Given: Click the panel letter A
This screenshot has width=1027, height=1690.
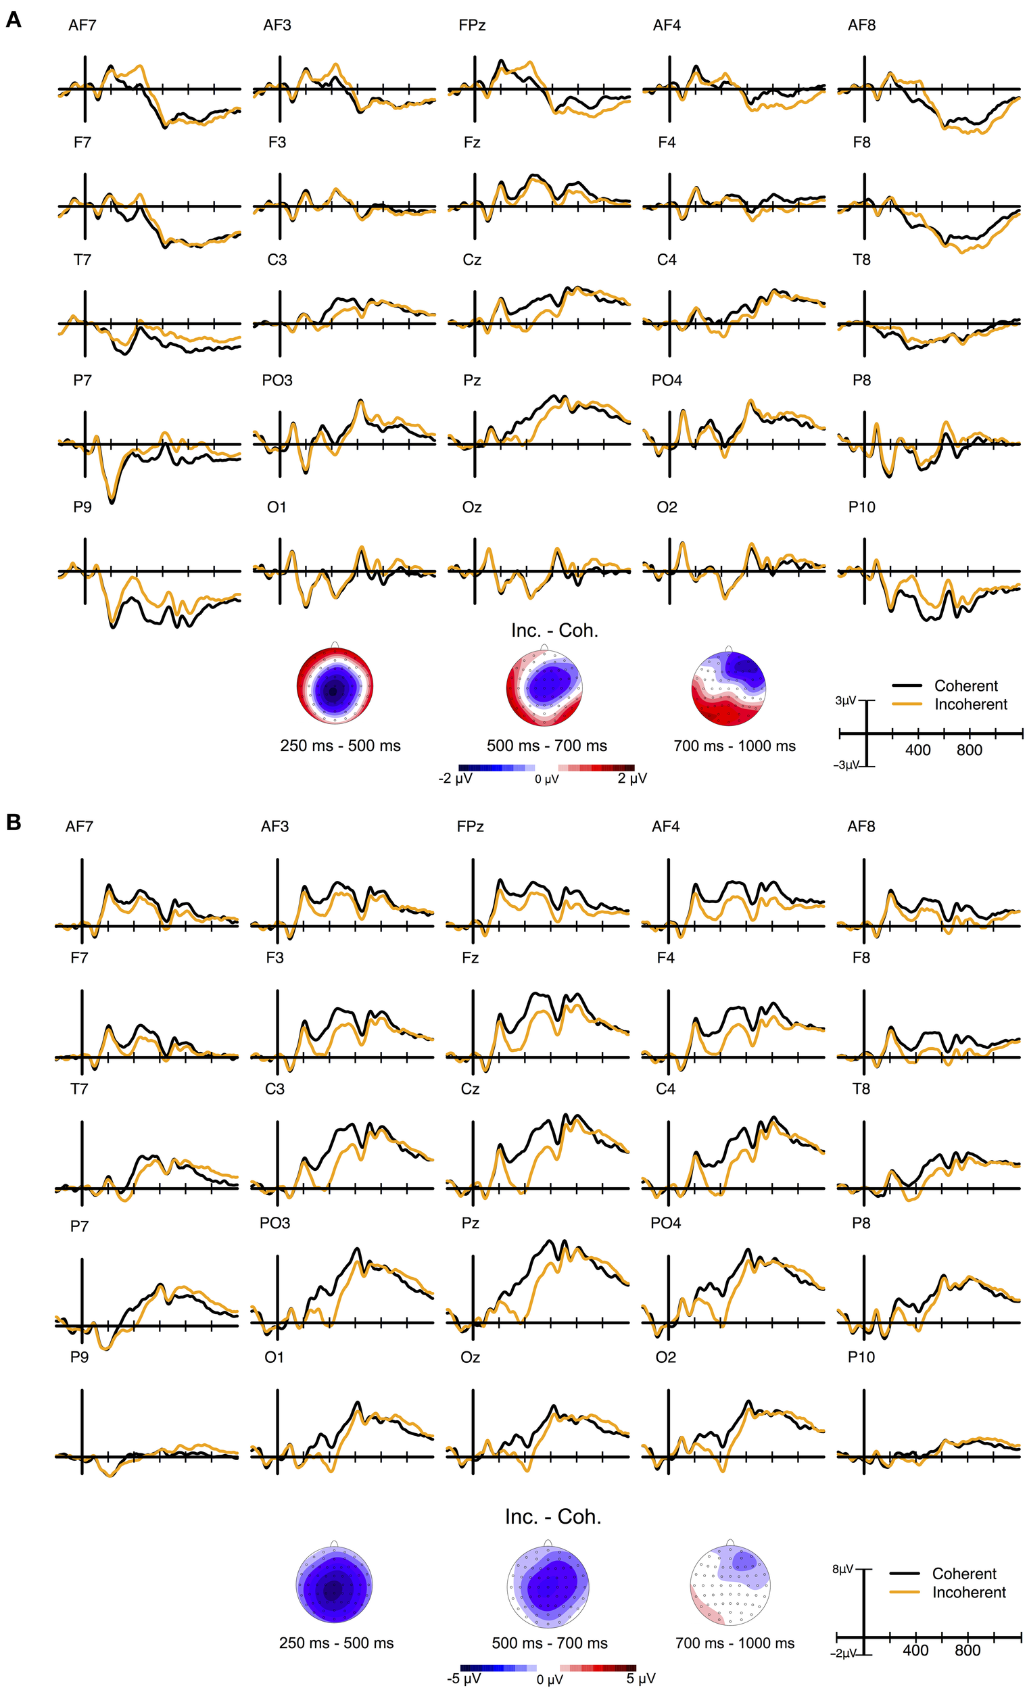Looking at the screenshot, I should (13, 20).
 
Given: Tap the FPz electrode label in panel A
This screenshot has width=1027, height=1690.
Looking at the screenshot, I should (471, 26).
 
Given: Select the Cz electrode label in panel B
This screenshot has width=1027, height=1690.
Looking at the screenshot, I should (470, 1088).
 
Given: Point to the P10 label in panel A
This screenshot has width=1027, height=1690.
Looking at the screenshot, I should (861, 507).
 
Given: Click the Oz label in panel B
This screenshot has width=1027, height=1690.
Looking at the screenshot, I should (470, 1357).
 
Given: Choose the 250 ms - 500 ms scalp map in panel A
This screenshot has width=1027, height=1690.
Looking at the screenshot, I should (334, 686).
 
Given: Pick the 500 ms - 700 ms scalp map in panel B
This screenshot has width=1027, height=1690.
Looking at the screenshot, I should (548, 1586).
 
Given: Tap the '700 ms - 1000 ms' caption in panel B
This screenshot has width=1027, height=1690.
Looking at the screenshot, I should (734, 1643).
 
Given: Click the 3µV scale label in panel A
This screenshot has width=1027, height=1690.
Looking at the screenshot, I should (845, 700).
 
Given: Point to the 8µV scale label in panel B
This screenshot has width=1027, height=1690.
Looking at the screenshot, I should (842, 1568).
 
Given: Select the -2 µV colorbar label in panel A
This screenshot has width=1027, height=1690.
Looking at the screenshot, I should (455, 779).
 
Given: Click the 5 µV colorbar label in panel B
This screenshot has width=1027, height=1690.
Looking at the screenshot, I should (640, 1679).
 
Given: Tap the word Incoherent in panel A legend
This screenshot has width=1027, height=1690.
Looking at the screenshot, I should (970, 704).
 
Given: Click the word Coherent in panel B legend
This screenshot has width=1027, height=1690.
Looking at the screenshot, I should (963, 1574).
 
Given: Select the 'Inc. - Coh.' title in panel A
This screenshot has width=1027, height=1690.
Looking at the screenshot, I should (554, 630).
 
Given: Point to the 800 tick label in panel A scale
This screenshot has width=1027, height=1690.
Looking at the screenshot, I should (969, 750).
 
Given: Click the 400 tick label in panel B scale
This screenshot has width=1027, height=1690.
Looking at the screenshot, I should (915, 1650).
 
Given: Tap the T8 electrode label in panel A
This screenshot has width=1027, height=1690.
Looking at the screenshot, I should (861, 260).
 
